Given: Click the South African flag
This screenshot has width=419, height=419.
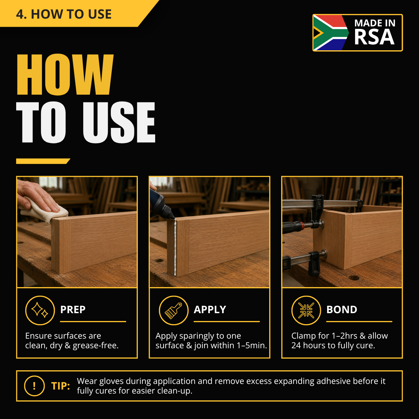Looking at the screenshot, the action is coord(331,33).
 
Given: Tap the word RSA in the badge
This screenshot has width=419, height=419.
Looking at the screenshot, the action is coord(374,37).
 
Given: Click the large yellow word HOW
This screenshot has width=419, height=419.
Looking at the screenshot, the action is coord(65,74).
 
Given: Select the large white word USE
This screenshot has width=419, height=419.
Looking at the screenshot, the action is coord(119,122).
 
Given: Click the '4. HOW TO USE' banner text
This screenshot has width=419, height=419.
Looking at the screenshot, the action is coord(64,14).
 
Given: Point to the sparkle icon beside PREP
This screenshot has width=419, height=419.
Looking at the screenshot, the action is coord(40,310).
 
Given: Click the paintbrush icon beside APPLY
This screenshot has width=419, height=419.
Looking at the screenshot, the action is coord(173,310).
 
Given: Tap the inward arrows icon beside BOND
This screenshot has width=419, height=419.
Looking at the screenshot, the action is coord(306,310).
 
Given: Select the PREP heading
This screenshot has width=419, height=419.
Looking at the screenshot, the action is coord(73,310).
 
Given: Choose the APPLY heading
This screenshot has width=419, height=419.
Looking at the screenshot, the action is coord(210,310).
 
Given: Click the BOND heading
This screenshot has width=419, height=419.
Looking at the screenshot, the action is coord(342,310).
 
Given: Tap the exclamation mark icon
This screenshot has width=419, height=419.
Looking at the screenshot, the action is coord(34,386).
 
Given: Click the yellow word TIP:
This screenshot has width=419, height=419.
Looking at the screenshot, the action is coord(61,386).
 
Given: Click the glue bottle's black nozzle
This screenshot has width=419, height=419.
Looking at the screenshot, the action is coord(169,212).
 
